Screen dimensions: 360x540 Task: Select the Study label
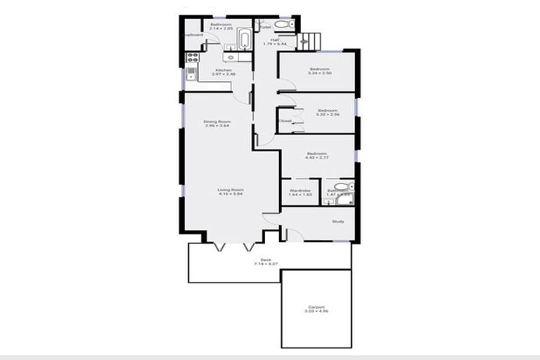(x=337, y=222)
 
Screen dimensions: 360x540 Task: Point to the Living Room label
(x=230, y=189)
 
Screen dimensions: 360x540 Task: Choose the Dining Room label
(x=217, y=122)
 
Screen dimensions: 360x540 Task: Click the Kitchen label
(x=224, y=70)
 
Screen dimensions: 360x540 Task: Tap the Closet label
(x=285, y=122)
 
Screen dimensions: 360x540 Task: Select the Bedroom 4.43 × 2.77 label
(x=316, y=153)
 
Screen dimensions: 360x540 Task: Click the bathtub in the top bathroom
(x=244, y=39)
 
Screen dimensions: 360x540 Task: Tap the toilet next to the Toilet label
(x=284, y=25)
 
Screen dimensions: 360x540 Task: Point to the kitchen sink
(x=191, y=73)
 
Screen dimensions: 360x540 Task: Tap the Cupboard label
(x=193, y=34)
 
